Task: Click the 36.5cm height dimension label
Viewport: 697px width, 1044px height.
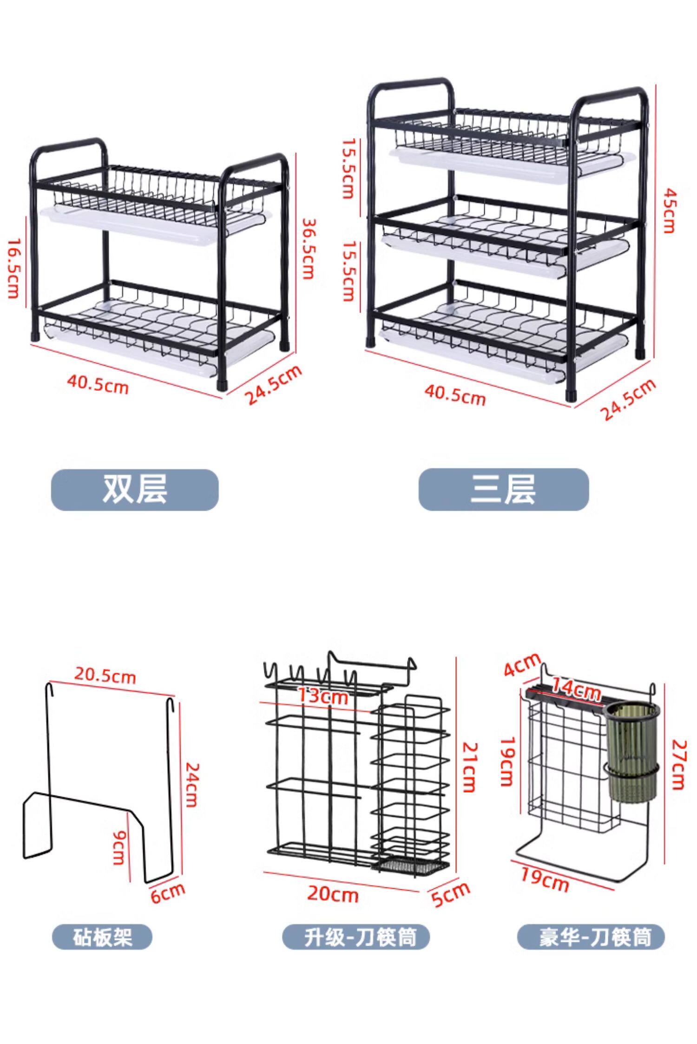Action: pyautogui.click(x=307, y=249)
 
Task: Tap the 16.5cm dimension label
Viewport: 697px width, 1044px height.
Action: pyautogui.click(x=13, y=268)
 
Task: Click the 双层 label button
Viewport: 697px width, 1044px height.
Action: pyautogui.click(x=135, y=489)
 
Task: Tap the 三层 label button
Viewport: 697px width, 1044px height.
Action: pyautogui.click(x=503, y=489)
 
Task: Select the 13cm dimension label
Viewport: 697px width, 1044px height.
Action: pyautogui.click(x=322, y=696)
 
